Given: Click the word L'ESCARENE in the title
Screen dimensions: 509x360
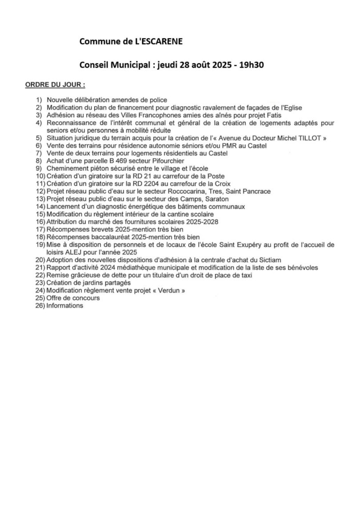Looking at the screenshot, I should point(159,42).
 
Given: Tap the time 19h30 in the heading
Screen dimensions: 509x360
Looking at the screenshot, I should point(252,64).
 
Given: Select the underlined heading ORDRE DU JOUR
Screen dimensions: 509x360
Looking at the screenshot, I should point(55,84).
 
